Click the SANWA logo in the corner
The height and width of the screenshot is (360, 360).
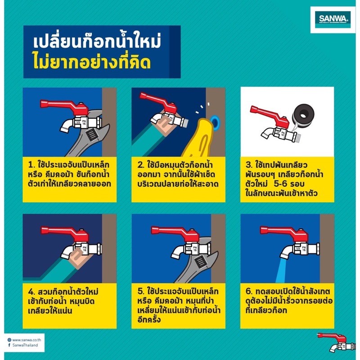[333, 19]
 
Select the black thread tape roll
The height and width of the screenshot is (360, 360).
[302, 114]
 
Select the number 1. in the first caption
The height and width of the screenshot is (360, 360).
[31, 165]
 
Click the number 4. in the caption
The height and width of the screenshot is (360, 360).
[31, 292]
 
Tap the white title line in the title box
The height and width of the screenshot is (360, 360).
[97, 41]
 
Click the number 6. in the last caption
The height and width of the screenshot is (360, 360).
[249, 291]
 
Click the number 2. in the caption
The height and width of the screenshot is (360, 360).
[141, 165]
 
